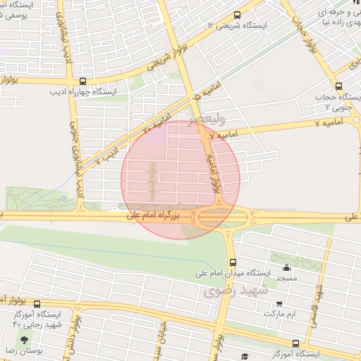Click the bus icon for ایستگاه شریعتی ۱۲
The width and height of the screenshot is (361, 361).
pos(236,13)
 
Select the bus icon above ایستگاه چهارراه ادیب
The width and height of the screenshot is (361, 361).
pos(82,81)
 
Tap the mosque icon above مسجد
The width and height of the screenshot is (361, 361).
pos(286,267)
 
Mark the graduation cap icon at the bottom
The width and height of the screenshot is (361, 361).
pos(245,356)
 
